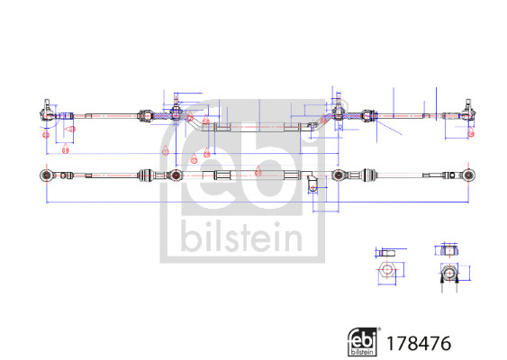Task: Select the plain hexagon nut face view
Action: coord(387,271)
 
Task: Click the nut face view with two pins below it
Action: coord(448,273)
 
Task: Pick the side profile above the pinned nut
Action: coord(448,250)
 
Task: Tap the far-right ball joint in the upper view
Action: coord(468,112)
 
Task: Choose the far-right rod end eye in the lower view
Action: coord(467,173)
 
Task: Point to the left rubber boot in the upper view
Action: coord(144,114)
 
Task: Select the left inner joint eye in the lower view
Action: coord(176,173)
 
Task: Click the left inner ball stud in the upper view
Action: coord(176,113)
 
